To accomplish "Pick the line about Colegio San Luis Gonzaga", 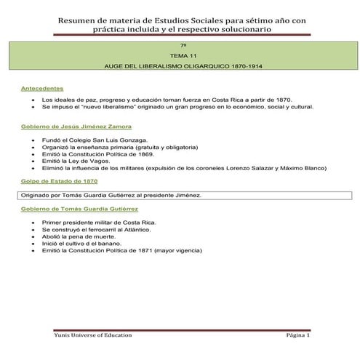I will (x=95, y=139).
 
